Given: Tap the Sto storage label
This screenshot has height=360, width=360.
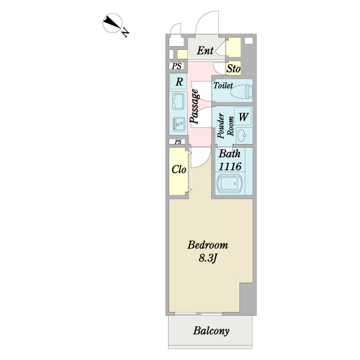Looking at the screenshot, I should click(233, 69).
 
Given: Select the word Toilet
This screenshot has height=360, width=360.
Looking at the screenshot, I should click(223, 86).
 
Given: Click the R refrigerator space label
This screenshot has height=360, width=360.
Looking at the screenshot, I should click(179, 81).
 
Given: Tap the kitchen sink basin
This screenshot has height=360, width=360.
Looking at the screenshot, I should click(179, 100).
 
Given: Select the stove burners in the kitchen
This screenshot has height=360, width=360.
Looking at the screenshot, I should click(179, 124).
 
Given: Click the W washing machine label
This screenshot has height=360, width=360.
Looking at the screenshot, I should click(244, 116).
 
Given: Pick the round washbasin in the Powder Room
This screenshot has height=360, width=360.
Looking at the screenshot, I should click(242, 134).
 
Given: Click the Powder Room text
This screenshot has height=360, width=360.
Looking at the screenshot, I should click(225, 127).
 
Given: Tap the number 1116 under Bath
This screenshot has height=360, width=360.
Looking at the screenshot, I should click(230, 166).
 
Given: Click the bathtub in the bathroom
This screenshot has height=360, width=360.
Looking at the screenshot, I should click(229, 184).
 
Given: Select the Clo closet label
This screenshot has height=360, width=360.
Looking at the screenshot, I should click(179, 170).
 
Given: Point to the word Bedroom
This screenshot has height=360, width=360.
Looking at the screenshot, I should click(208, 245).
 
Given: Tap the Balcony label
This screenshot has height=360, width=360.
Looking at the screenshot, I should click(211, 331).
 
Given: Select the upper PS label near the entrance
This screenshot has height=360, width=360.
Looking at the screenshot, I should click(176, 67).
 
